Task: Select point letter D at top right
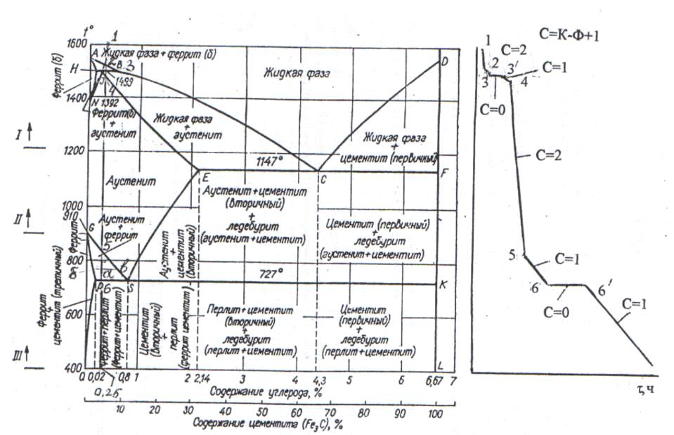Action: [x=444, y=61]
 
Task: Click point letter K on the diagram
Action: [x=443, y=285]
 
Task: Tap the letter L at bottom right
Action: [x=441, y=366]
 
